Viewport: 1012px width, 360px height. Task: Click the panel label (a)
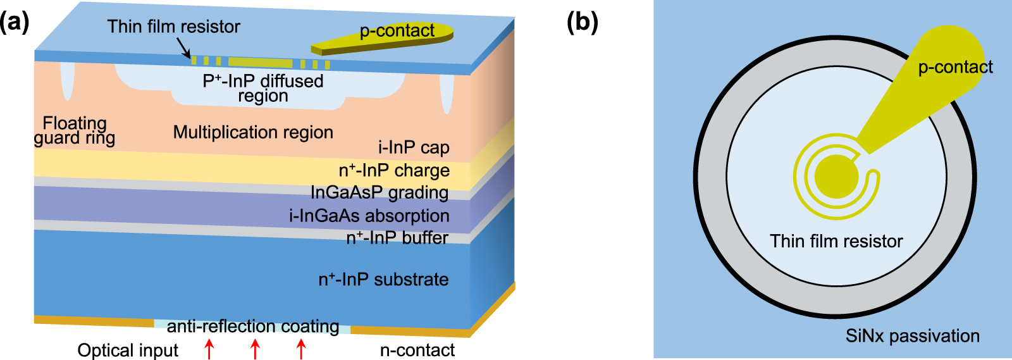tap(15, 23)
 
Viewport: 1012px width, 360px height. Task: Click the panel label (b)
tap(582, 23)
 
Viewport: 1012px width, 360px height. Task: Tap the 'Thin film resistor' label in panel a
tap(173, 27)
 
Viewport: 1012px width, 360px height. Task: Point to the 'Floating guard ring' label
tap(75, 130)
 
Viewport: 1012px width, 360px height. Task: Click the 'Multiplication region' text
tap(253, 132)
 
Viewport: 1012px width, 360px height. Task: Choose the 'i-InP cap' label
tap(414, 147)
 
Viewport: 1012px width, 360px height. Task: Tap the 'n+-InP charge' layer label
tap(394, 171)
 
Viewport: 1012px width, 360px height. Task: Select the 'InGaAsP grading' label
tap(379, 192)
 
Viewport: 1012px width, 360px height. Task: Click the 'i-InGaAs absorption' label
tap(369, 216)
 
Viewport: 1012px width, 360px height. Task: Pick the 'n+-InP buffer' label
tap(397, 238)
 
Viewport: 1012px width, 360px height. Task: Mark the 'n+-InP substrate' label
tap(383, 280)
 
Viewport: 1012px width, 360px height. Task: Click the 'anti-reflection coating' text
tap(253, 326)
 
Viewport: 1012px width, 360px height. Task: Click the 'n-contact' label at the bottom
tap(417, 351)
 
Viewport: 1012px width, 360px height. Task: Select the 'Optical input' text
tap(128, 351)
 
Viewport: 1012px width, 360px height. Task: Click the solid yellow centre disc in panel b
tap(836, 177)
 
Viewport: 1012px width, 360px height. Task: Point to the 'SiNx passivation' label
tap(912, 336)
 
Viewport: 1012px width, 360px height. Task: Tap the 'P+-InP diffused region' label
tap(263, 88)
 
